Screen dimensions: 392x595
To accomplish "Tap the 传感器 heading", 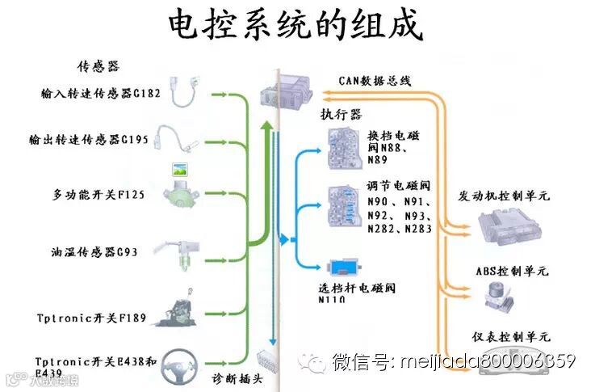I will [98, 65].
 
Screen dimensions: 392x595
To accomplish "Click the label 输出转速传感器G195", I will [94, 140].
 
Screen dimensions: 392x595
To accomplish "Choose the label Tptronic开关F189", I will [91, 318].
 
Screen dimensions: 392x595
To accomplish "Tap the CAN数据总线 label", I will [376, 81].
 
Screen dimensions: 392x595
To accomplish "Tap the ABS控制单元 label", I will [511, 271].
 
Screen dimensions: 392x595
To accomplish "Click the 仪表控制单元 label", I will [511, 335].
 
